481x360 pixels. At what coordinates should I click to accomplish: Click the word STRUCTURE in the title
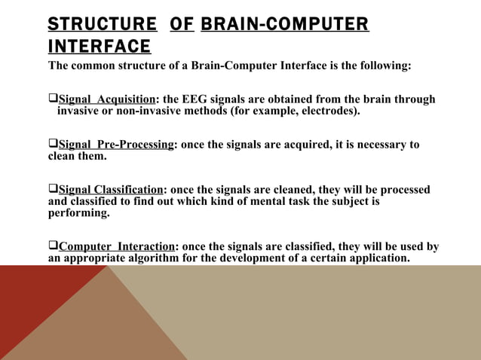coord(103,24)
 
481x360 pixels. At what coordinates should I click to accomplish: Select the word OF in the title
coord(182,24)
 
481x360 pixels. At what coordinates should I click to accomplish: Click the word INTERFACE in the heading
coord(99,47)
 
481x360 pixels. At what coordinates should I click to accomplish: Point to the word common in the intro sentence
coord(94,66)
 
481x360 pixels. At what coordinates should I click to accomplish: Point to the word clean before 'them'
coord(63,157)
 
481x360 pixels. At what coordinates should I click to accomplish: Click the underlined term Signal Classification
coord(110,190)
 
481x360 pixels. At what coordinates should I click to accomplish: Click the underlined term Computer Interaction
coord(117,246)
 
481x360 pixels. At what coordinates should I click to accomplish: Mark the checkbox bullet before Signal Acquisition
coord(53,100)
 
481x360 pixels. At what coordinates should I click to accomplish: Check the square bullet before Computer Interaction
coord(53,246)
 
